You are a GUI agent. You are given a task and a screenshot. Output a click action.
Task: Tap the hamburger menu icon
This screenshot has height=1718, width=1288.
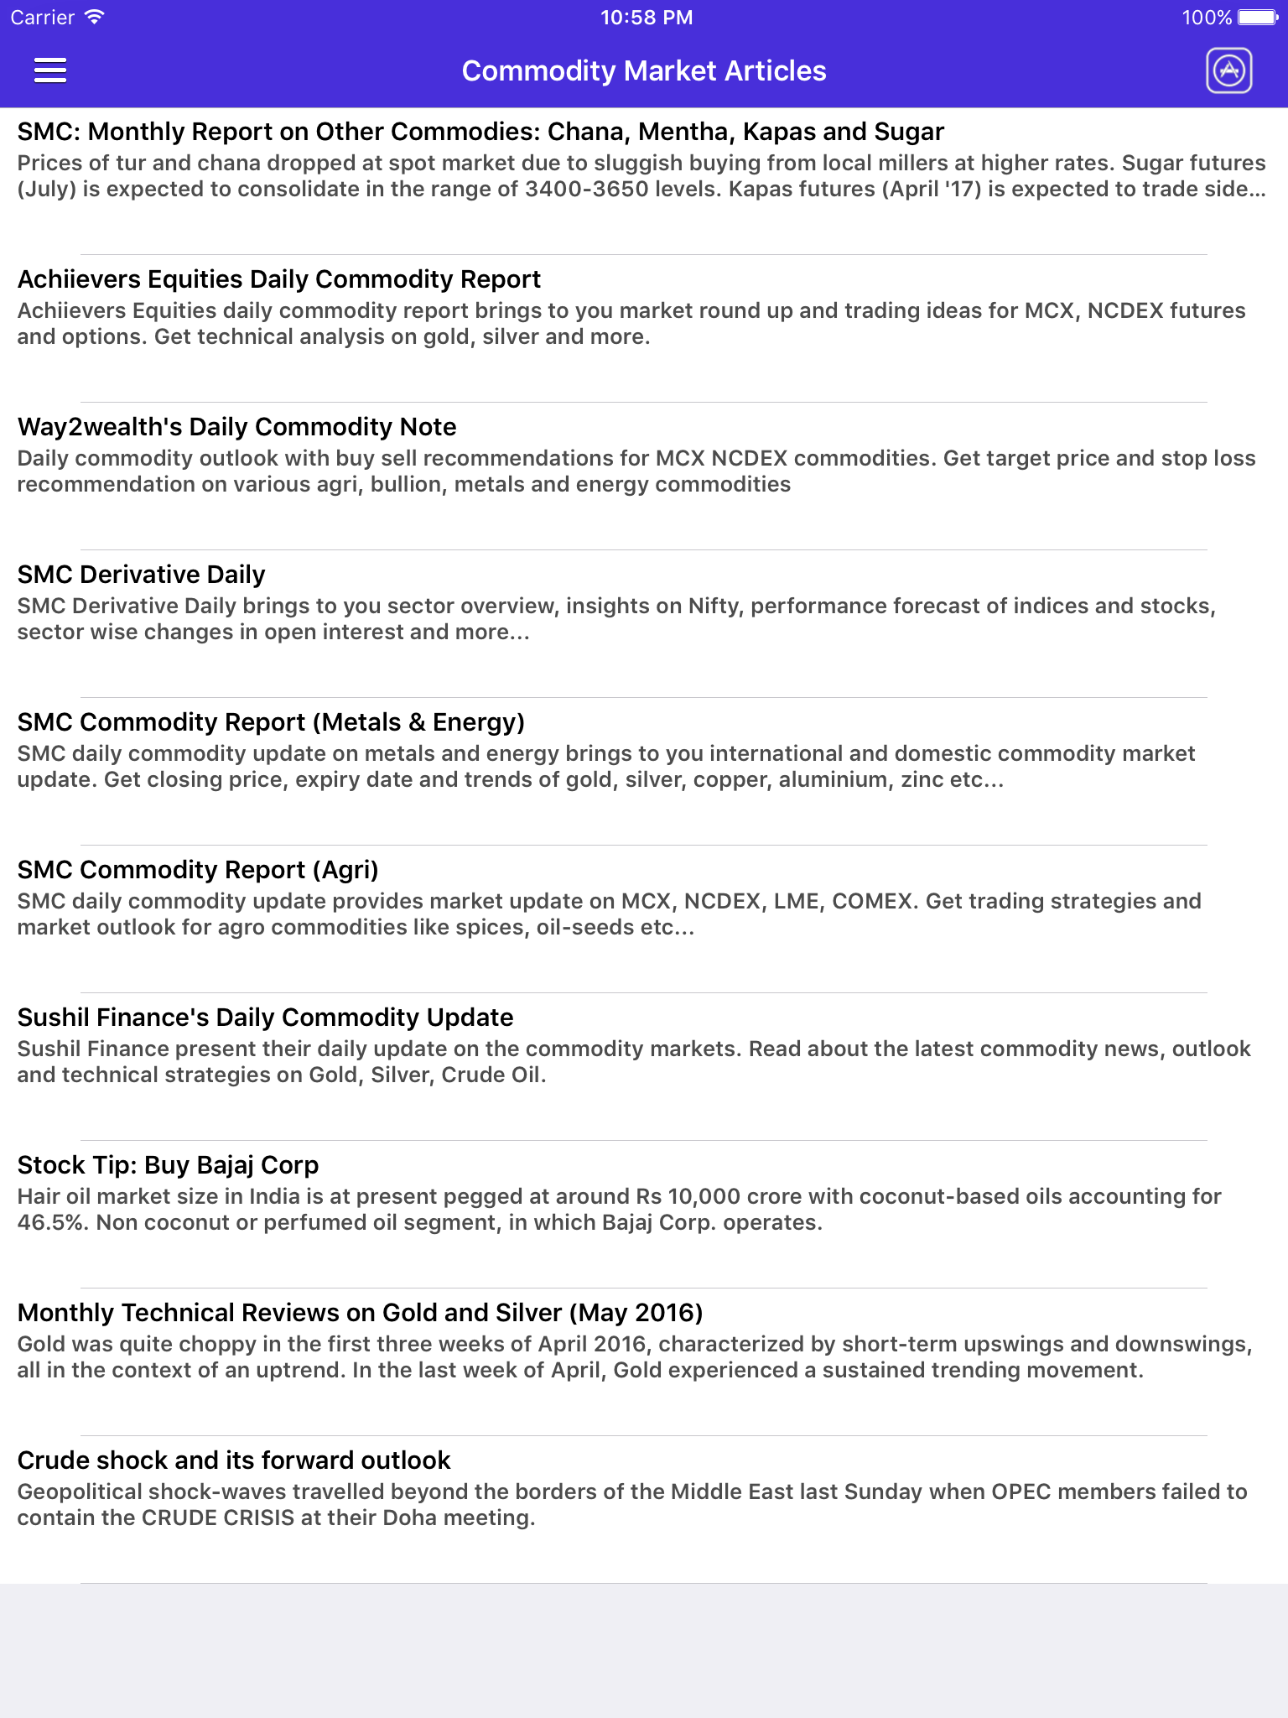pyautogui.click(x=50, y=70)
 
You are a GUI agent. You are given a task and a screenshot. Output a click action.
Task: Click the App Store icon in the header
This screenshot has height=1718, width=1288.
pyautogui.click(x=1228, y=70)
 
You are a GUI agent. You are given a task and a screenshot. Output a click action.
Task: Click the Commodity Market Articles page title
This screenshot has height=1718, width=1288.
pyautogui.click(x=644, y=71)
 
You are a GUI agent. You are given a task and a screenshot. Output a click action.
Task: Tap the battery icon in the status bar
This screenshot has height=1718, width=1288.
pyautogui.click(x=1257, y=18)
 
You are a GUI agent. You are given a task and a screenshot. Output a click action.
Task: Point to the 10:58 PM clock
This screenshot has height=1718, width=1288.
pyautogui.click(x=646, y=18)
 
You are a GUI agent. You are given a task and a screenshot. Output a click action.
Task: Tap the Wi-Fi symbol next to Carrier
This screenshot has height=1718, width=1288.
pyautogui.click(x=95, y=17)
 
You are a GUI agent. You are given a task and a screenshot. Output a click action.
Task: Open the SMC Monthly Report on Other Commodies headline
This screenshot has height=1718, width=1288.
pyautogui.click(x=480, y=132)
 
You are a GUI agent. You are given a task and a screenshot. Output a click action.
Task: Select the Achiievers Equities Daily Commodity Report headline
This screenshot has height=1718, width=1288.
pyautogui.click(x=279, y=279)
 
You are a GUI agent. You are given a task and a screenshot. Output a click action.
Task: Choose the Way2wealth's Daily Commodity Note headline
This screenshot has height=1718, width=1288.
pyautogui.click(x=236, y=427)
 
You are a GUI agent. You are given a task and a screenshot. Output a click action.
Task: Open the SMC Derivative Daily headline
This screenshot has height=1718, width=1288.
pyautogui.click(x=141, y=575)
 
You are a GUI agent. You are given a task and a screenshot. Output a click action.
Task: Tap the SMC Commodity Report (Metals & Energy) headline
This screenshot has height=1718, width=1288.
pyautogui.click(x=271, y=722)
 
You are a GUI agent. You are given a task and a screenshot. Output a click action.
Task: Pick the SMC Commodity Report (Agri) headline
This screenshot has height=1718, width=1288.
pyautogui.click(x=198, y=870)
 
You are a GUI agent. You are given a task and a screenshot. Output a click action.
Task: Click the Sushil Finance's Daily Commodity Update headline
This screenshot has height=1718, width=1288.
pyautogui.click(x=265, y=1018)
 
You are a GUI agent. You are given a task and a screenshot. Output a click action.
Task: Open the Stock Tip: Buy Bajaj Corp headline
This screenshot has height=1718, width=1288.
pyautogui.click(x=168, y=1165)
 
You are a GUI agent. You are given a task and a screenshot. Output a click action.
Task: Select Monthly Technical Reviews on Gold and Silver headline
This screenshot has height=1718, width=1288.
pyautogui.click(x=360, y=1313)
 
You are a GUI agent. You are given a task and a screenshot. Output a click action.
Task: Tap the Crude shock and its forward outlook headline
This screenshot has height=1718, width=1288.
pyautogui.click(x=234, y=1460)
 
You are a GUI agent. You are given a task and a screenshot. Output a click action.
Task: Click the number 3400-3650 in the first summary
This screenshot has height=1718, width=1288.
pyautogui.click(x=587, y=189)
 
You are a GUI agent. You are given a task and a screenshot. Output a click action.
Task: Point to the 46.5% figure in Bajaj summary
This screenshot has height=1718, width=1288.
pyautogui.click(x=52, y=1222)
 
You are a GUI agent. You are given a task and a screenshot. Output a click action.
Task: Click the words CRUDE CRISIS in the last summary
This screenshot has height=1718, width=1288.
pyautogui.click(x=218, y=1518)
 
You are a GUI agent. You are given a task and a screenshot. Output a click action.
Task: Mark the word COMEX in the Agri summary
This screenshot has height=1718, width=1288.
pyautogui.click(x=872, y=901)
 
